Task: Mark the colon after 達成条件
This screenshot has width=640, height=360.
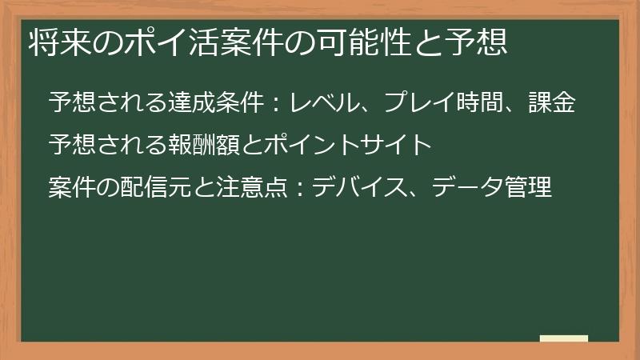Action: click(x=275, y=104)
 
